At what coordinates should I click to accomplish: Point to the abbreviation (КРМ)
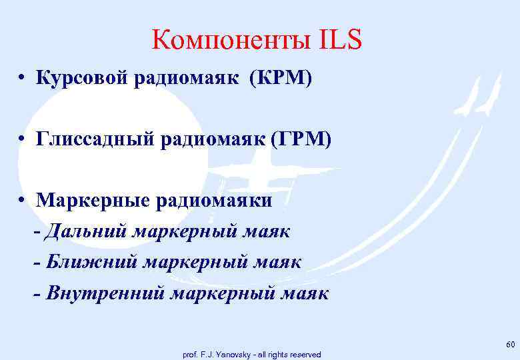[x=280, y=79]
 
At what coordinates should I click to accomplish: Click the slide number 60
[x=511, y=344]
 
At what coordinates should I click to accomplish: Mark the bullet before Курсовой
[x=23, y=79]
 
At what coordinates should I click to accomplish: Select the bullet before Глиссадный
[x=23, y=140]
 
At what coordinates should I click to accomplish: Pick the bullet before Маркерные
[x=23, y=201]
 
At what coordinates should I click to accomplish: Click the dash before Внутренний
[x=37, y=294]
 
